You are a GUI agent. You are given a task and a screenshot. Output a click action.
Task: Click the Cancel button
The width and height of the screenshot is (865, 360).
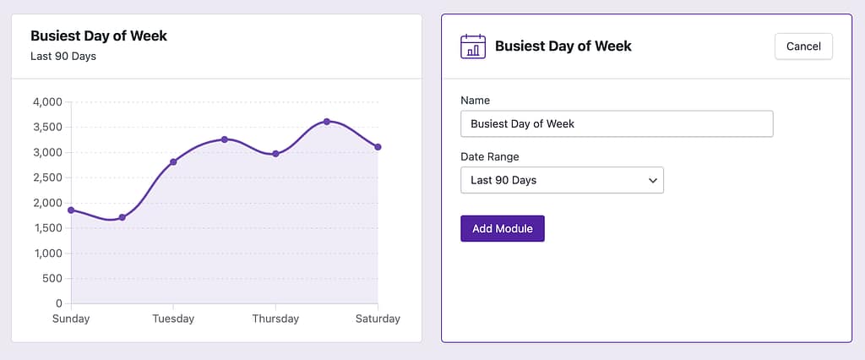point(803,46)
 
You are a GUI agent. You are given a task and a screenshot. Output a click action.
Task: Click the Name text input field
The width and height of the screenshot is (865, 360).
point(617,124)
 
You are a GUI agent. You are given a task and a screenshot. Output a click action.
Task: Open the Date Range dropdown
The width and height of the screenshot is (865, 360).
point(562,180)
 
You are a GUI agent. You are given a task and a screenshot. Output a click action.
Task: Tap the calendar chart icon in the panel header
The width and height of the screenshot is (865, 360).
point(473,46)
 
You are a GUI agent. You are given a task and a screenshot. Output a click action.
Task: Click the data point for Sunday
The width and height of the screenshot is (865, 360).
point(71,210)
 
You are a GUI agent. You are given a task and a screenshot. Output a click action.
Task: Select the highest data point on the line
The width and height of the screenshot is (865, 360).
point(327,122)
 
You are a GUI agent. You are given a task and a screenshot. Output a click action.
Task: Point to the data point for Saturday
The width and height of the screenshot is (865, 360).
point(378,147)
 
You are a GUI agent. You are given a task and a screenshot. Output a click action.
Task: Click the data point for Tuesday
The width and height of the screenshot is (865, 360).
point(173,161)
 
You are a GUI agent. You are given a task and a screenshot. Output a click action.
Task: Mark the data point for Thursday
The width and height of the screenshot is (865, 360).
point(275,154)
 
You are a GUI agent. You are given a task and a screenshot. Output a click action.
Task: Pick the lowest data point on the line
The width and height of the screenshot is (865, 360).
point(122,217)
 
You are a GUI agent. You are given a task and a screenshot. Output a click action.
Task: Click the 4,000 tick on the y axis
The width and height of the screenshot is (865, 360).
point(47,102)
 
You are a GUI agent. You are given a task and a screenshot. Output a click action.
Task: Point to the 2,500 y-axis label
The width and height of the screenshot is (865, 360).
point(47,177)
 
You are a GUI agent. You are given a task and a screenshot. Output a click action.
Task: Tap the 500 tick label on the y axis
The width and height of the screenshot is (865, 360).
point(52,278)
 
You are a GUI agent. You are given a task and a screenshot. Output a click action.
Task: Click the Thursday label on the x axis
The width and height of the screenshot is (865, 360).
point(275,319)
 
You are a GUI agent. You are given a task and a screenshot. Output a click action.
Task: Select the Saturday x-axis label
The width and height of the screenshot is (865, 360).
point(378,319)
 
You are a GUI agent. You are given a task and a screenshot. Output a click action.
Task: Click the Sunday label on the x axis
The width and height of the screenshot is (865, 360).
point(71,319)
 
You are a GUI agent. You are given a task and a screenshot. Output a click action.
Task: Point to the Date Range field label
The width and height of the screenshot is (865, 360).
point(490,157)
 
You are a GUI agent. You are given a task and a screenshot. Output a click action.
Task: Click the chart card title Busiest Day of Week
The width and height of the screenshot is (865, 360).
point(99,36)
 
